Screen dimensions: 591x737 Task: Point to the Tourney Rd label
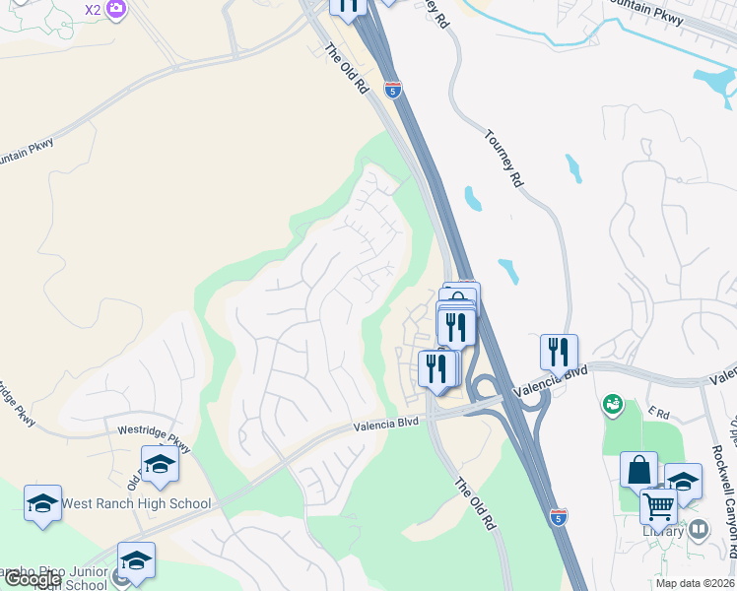pyautogui.click(x=503, y=159)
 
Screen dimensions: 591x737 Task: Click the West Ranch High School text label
pyautogui.click(x=136, y=504)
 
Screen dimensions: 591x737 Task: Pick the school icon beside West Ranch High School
pyautogui.click(x=43, y=502)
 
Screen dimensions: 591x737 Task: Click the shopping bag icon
pyautogui.click(x=638, y=469)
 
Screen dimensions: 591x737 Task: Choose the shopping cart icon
pyautogui.click(x=658, y=506)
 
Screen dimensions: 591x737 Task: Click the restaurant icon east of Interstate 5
pyautogui.click(x=559, y=351)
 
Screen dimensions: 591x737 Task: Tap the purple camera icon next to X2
pyautogui.click(x=116, y=10)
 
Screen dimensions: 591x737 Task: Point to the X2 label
pyautogui.click(x=93, y=10)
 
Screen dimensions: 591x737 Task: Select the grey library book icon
pyautogui.click(x=699, y=530)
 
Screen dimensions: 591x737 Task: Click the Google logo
pyautogui.click(x=33, y=579)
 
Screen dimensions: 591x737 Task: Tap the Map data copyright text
pyautogui.click(x=695, y=583)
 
